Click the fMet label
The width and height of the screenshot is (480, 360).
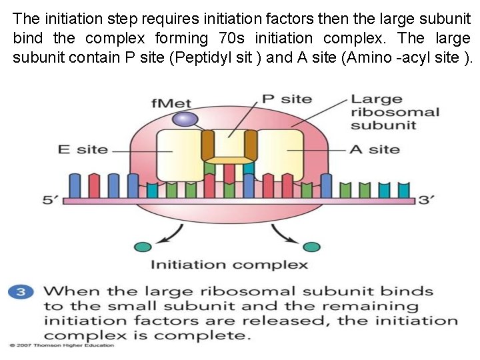pos(171,103)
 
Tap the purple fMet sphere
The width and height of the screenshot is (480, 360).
pos(183,119)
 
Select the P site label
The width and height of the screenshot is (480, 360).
pos(287,99)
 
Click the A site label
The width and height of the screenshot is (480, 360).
pos(375,149)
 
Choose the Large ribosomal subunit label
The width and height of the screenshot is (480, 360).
pos(395,112)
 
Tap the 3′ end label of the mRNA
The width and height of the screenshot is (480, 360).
pos(426,200)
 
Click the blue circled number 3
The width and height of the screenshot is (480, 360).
pos(22,291)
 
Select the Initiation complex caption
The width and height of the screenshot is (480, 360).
pos(229,265)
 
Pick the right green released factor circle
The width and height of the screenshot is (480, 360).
pos(312,247)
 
